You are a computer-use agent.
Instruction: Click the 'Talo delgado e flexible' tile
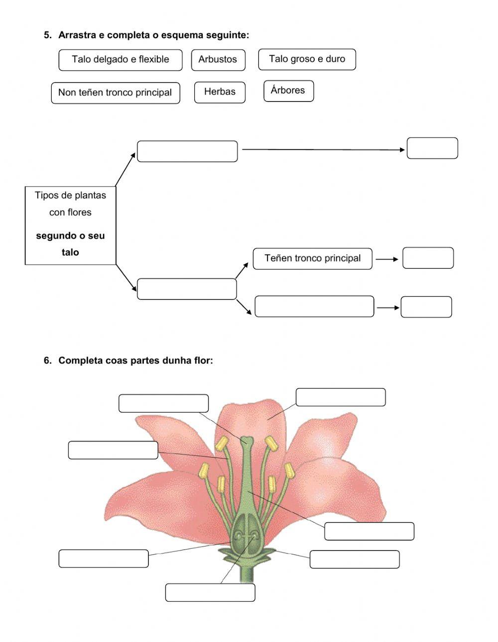pos(120,60)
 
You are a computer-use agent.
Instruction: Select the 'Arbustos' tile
pos(218,60)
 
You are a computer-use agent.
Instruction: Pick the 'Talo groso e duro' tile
pos(307,59)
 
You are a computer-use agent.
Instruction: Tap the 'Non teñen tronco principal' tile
pos(115,92)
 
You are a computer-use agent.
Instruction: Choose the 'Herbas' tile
pos(220,92)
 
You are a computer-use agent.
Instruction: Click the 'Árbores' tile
pos(288,91)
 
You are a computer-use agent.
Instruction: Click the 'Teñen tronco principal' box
pos(312,259)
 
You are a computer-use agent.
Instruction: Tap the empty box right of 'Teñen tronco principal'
pos(428,258)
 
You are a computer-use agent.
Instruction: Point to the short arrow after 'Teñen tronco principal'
pos(387,259)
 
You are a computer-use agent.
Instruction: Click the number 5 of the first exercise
pos(47,35)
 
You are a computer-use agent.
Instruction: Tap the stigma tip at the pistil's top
pos(247,440)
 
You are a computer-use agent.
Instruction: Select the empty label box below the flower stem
pos(210,592)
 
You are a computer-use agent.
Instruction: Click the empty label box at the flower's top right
pos(340,397)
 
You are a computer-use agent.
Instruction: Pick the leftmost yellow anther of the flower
pos(203,470)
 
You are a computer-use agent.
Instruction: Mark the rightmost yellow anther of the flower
pos(289,470)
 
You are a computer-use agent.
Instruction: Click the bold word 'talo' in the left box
pos(70,253)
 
